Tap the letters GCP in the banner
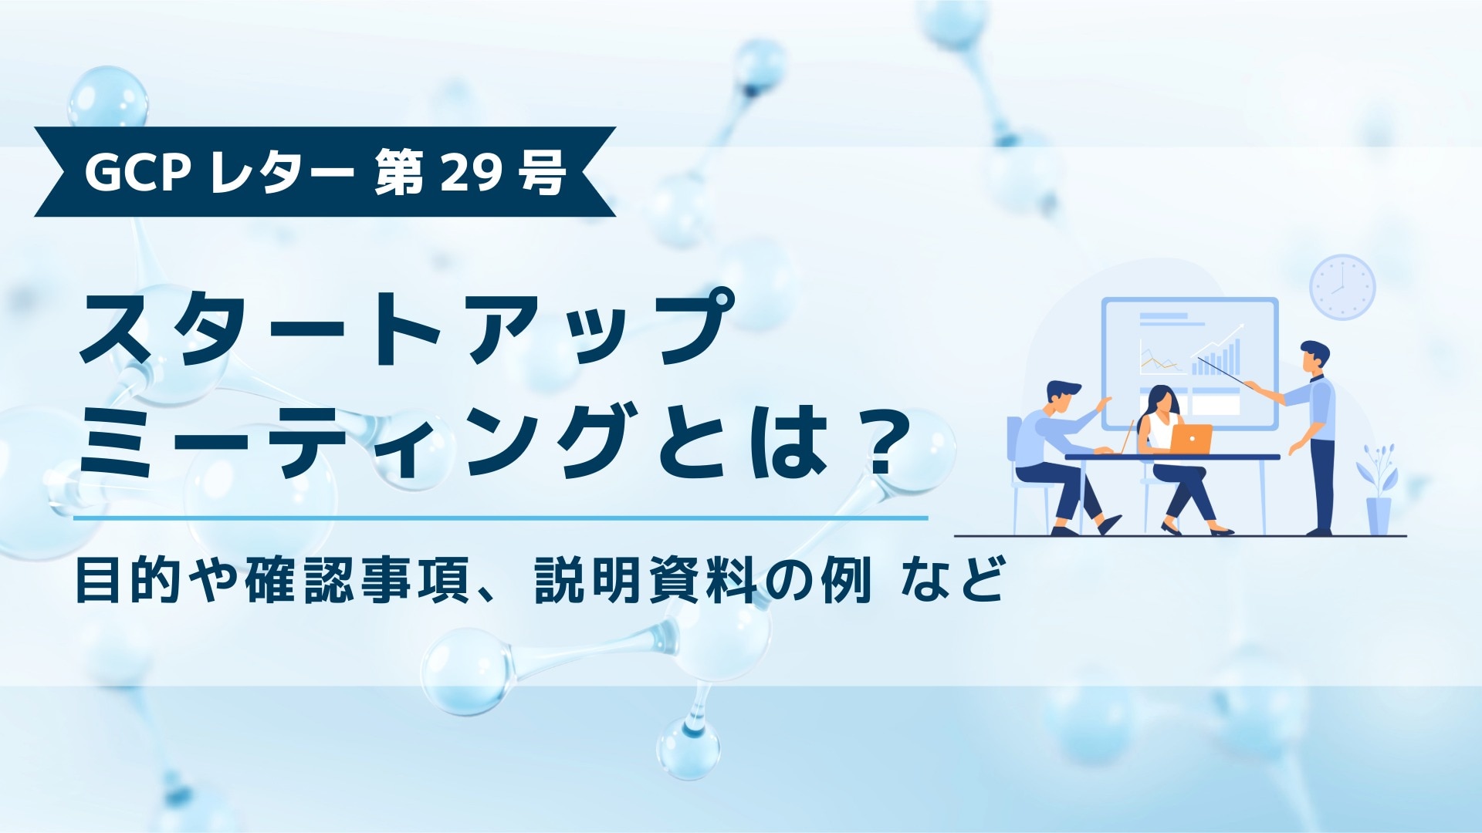(137, 173)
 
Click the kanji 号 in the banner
(543, 173)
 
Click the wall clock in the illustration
(1342, 287)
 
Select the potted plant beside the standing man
(1378, 490)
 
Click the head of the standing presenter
(1314, 357)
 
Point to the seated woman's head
(1160, 400)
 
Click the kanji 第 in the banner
(399, 173)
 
